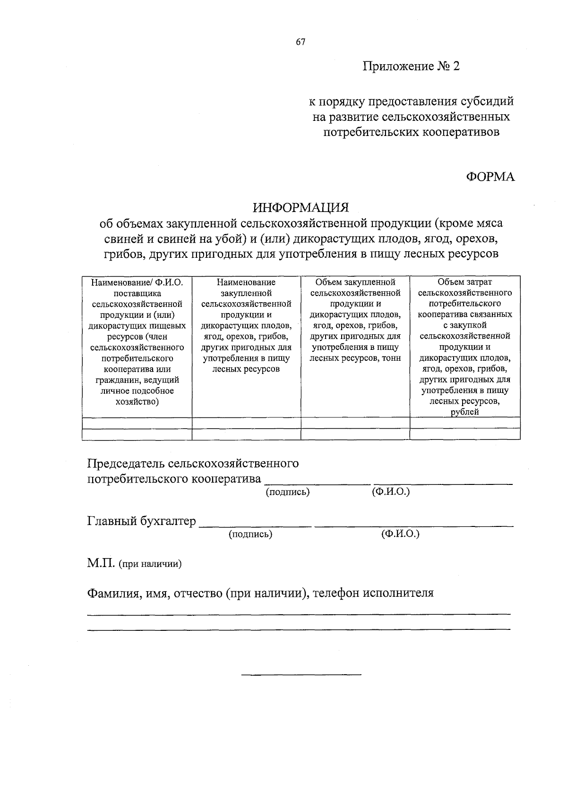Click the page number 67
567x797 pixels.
(301, 42)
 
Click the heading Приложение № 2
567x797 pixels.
(411, 66)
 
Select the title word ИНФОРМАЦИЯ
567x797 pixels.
(301, 207)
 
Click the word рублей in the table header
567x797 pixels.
(465, 412)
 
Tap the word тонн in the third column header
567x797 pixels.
(390, 358)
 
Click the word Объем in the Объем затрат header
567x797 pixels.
(451, 282)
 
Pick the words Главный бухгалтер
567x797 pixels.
(141, 521)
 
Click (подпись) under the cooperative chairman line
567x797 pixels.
(288, 492)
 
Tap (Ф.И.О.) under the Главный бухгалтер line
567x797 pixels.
(400, 534)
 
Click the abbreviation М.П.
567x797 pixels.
(101, 564)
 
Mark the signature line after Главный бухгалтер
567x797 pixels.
(256, 526)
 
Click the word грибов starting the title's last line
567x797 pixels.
(124, 254)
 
